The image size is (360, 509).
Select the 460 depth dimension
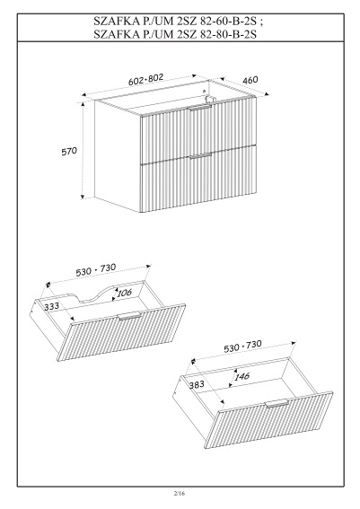[250, 81]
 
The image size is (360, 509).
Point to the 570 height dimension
[69, 153]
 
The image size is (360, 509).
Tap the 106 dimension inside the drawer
[124, 292]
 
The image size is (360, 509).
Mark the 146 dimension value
[240, 377]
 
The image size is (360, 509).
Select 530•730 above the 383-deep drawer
[242, 346]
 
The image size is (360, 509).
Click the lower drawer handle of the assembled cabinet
[199, 156]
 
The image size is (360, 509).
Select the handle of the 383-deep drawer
[275, 401]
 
